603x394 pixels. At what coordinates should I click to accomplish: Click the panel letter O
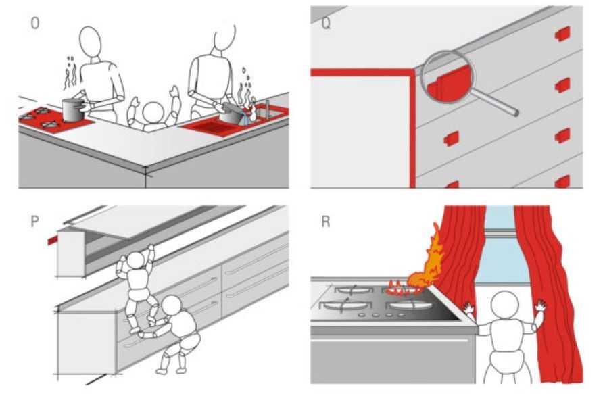coord(34,24)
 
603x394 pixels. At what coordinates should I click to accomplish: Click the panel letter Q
coord(326,24)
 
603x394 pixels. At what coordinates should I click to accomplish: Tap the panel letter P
coord(34,222)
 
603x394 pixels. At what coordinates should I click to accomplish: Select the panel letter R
coord(326,222)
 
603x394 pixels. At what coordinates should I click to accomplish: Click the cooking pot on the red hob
coord(73,110)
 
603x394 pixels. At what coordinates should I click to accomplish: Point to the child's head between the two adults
coord(153,113)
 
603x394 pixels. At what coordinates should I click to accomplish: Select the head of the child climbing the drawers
coord(135,260)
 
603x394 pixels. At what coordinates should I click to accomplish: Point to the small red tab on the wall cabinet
coord(52,241)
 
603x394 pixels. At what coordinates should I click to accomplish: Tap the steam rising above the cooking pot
coord(70,73)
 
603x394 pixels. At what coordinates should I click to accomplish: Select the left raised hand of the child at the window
coord(468,308)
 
